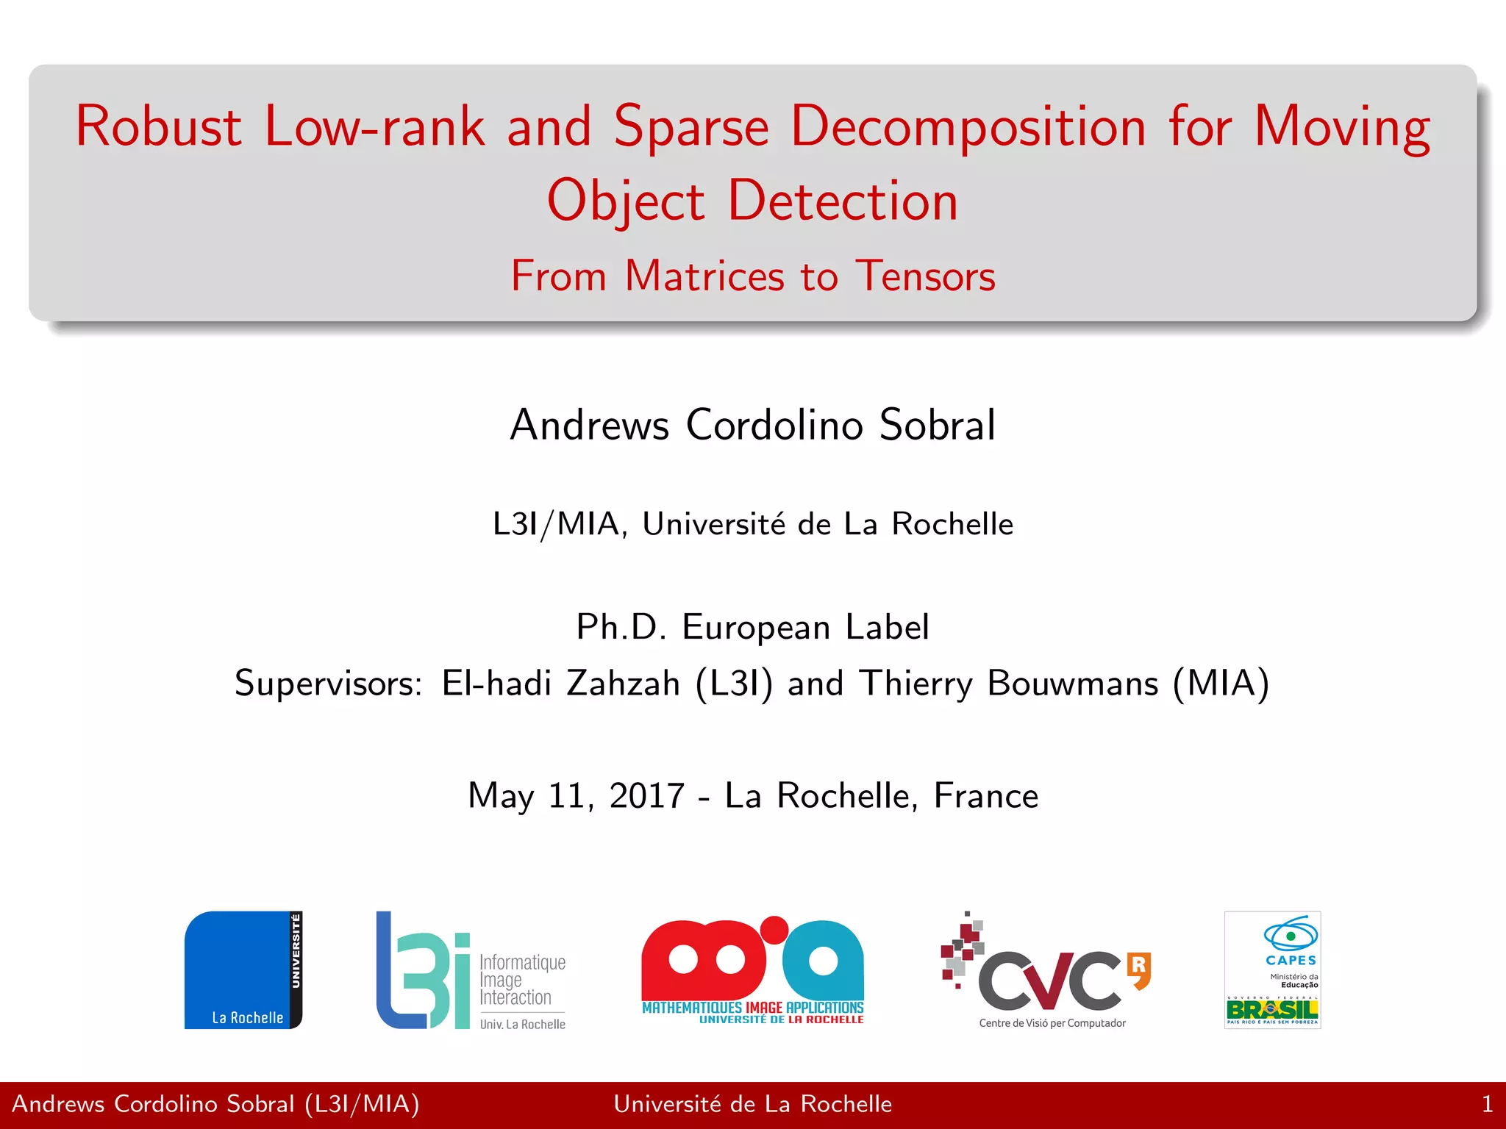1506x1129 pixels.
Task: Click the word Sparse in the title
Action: [691, 126]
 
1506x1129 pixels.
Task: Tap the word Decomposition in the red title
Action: [968, 126]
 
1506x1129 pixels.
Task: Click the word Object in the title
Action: [626, 201]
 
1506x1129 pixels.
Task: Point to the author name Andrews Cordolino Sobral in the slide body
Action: [753, 425]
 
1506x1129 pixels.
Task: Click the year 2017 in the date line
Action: [647, 796]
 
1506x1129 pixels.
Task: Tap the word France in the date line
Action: [985, 796]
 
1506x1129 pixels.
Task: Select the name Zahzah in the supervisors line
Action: [623, 684]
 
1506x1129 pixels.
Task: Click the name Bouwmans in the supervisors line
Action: [1072, 684]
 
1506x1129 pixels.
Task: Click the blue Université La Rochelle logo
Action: [243, 970]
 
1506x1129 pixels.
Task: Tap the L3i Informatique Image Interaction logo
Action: [471, 970]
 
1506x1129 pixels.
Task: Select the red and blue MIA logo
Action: [752, 970]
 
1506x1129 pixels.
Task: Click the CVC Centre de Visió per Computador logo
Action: [1046, 970]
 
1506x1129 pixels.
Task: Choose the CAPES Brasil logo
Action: [1272, 970]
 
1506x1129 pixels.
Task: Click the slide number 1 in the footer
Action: [1487, 1105]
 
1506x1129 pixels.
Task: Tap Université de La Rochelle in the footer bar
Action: [752, 1105]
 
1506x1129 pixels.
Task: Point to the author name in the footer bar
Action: [215, 1105]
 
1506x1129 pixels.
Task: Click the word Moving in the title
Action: [1342, 126]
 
